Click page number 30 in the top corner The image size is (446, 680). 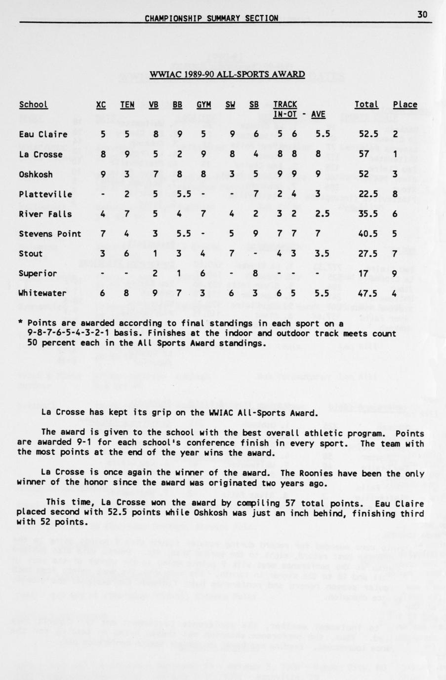[x=422, y=15]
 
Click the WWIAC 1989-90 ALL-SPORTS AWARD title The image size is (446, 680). [x=227, y=74]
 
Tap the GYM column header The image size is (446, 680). [x=203, y=105]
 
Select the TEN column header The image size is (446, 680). [x=127, y=105]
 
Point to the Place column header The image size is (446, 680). [x=405, y=105]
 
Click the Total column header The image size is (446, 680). [x=366, y=105]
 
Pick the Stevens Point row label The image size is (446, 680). [x=49, y=234]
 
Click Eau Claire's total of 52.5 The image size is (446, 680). [x=368, y=134]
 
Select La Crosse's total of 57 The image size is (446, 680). [x=365, y=154]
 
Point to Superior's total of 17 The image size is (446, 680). [x=365, y=273]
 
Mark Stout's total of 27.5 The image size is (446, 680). [x=368, y=253]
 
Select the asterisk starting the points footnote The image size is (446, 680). [x=20, y=323]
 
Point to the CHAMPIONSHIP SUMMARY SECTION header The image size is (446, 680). [x=211, y=19]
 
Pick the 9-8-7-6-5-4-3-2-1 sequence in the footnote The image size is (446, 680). [x=72, y=333]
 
